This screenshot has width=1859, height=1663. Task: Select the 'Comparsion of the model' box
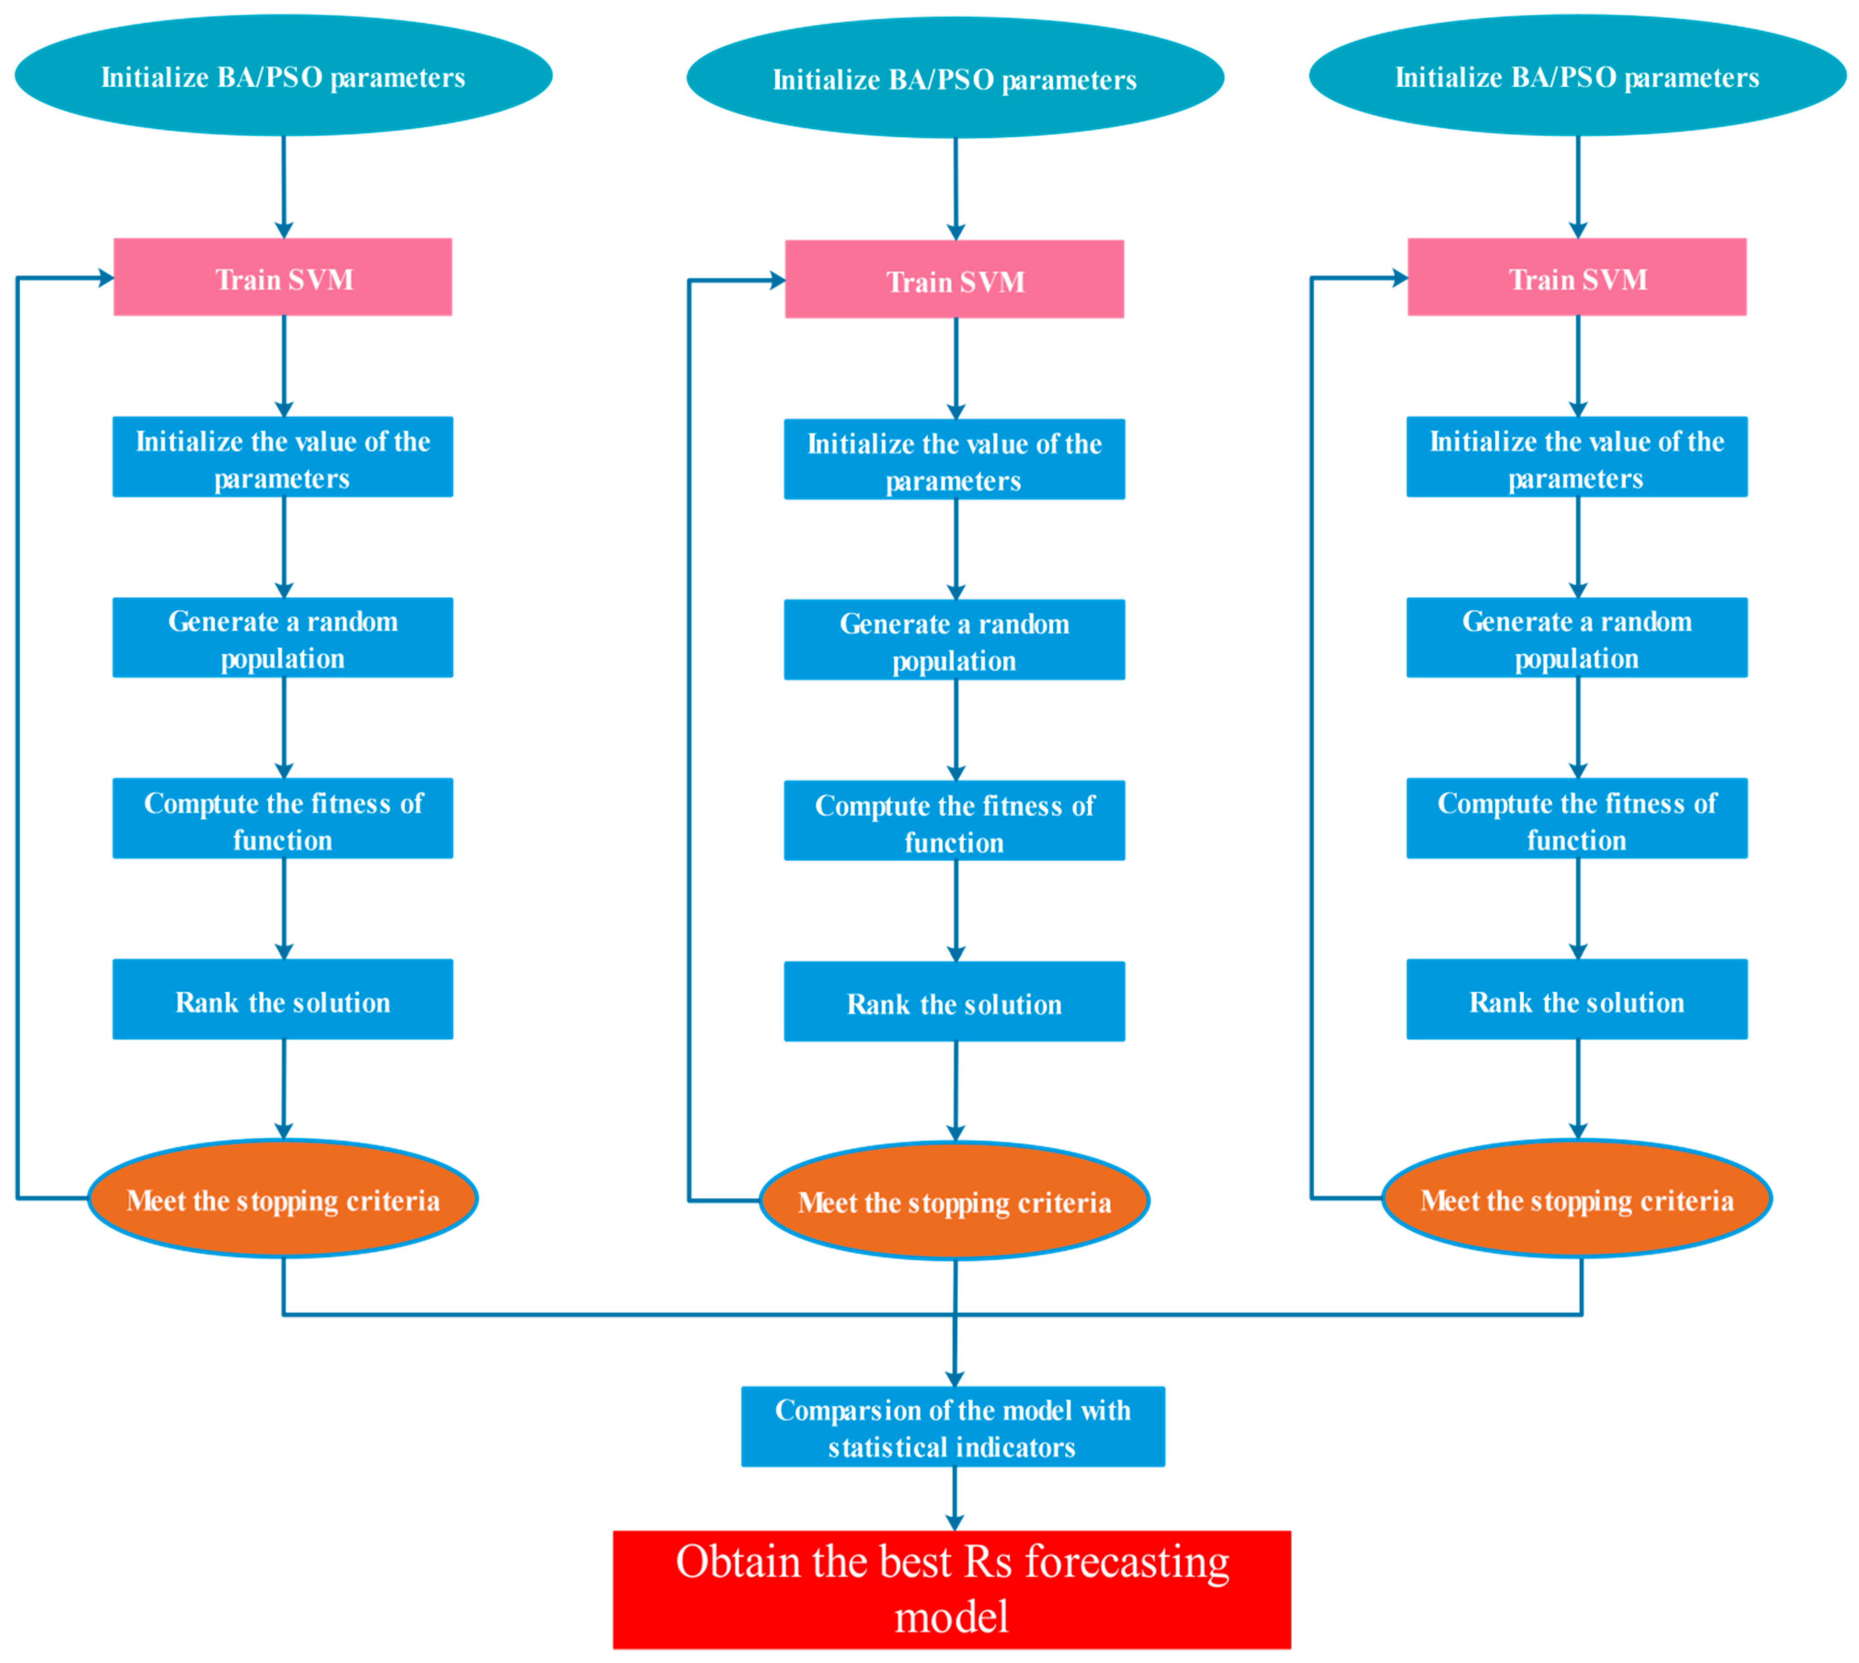click(x=952, y=1426)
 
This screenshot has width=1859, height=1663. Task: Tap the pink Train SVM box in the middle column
click(x=954, y=279)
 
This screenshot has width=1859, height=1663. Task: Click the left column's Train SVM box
click(x=282, y=277)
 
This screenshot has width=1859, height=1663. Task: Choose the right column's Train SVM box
click(x=1577, y=277)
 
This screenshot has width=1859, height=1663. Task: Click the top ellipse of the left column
click(x=283, y=76)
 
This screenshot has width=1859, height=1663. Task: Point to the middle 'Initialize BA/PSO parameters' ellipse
click(x=955, y=79)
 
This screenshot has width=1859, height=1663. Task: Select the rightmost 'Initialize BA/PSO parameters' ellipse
click(x=1578, y=76)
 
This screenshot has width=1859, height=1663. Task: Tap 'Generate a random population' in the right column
click(x=1577, y=638)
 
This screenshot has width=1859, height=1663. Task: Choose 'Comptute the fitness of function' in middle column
click(x=954, y=820)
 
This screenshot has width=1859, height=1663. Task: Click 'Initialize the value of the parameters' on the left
click(x=282, y=457)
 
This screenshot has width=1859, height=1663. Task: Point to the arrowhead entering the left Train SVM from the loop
click(x=106, y=278)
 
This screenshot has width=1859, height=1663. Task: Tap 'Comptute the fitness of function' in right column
click(x=1577, y=818)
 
